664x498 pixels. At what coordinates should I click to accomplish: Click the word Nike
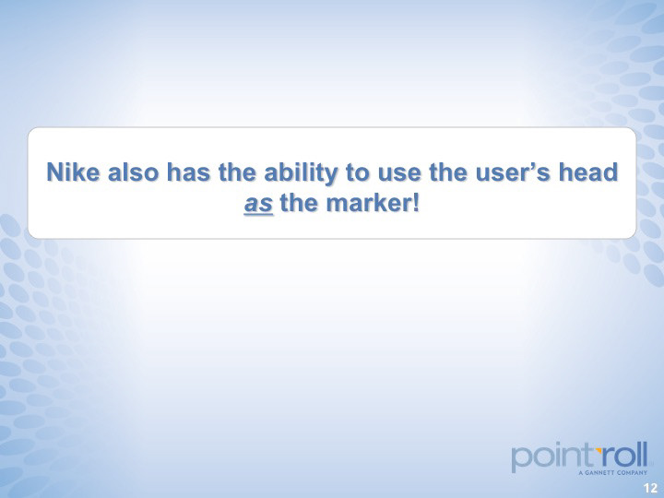[x=73, y=172]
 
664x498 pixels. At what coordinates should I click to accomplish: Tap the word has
[x=188, y=172]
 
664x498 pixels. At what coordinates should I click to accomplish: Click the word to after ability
[x=358, y=172]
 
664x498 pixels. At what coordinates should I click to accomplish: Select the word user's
[x=513, y=172]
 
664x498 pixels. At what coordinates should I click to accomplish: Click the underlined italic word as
[x=258, y=205]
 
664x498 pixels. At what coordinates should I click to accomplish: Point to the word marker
[x=368, y=203]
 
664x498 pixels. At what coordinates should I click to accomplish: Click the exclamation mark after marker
[x=415, y=203]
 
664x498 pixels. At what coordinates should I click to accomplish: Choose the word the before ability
[x=237, y=172]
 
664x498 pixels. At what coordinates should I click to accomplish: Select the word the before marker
[x=300, y=203]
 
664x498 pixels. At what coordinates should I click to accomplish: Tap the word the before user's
[x=448, y=172]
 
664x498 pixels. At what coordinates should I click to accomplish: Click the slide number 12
[x=650, y=488]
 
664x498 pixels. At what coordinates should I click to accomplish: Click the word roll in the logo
[x=624, y=454]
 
